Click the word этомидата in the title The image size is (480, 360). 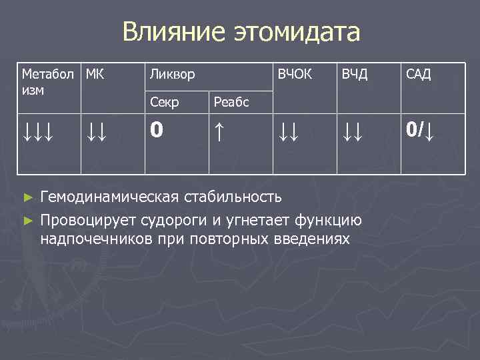pyautogui.click(x=297, y=32)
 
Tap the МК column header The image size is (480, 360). pyautogui.click(x=95, y=73)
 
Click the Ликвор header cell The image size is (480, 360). pyautogui.click(x=172, y=74)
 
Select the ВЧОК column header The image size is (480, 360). pyautogui.click(x=295, y=73)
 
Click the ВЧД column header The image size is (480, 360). pyautogui.click(x=355, y=73)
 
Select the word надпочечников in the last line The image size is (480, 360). pyautogui.click(x=93, y=238)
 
